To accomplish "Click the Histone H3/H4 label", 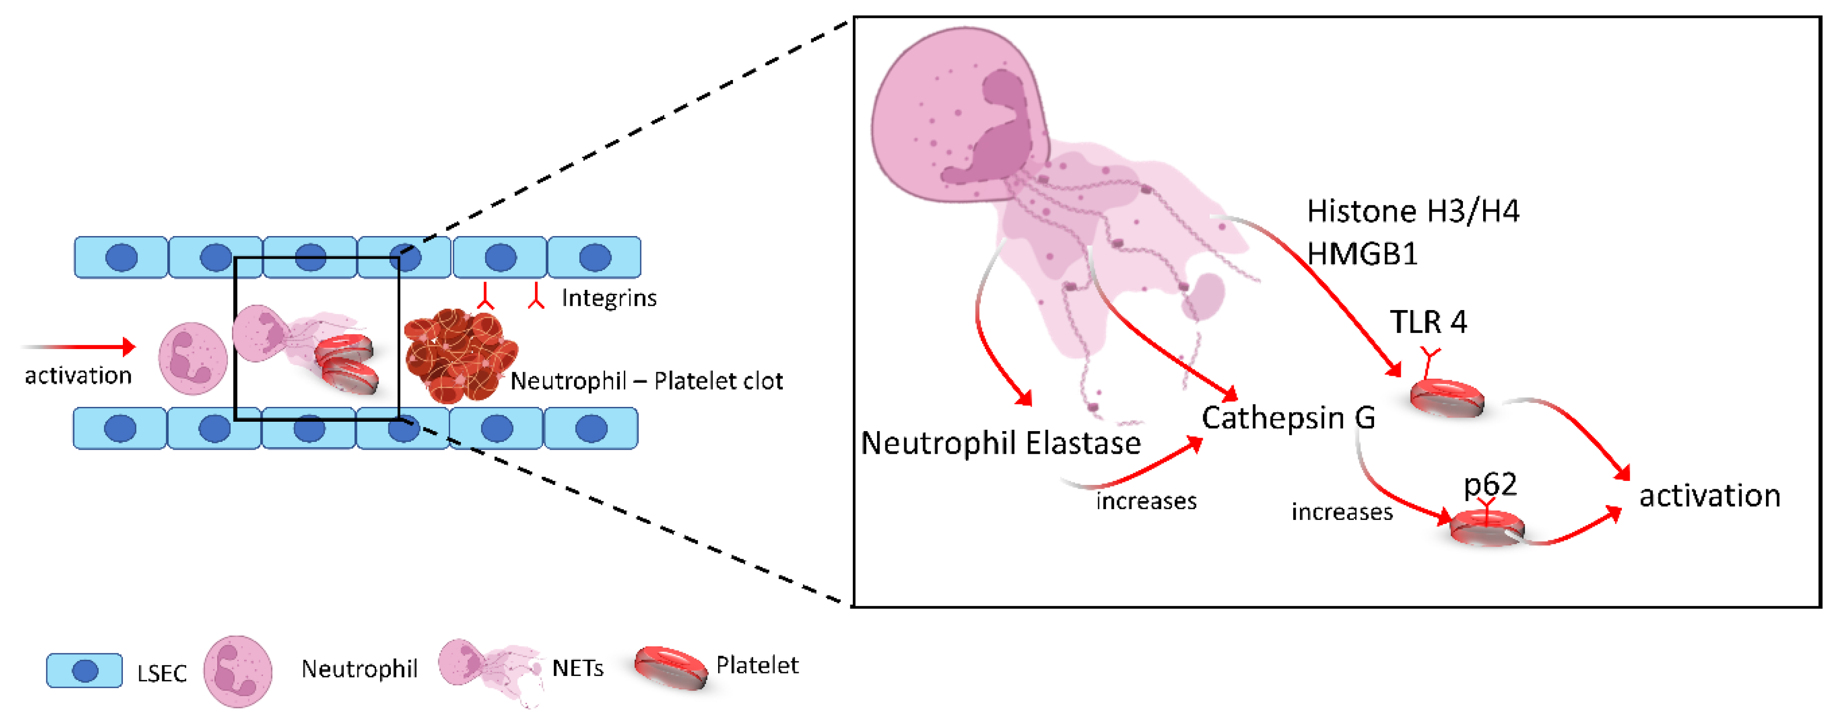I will coord(1412,211).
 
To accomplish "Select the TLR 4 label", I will coord(1428,322).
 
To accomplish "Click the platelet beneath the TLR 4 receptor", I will coord(1447,398).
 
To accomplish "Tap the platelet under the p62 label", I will coord(1487,529).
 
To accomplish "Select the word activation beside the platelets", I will coord(1709,496).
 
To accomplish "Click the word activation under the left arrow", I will coord(78,376).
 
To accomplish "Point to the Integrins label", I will coord(609,298).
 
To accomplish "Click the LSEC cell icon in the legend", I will coord(84,670).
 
